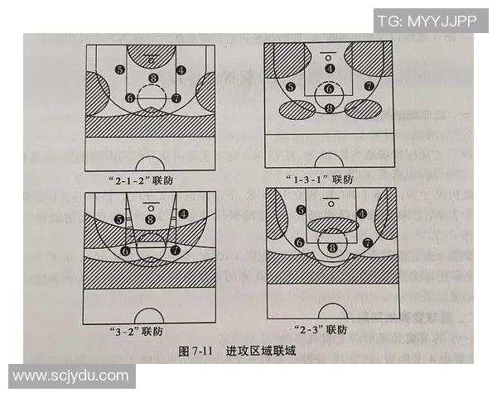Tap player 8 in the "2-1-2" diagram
coord(152,79)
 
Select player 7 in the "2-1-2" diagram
coord(176,98)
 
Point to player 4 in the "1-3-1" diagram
coord(330,69)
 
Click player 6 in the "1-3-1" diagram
coord(329,88)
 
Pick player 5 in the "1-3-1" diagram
coord(290,87)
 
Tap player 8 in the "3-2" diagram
coord(150,219)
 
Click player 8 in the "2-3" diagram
coord(333,246)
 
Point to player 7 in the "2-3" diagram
coord(366,243)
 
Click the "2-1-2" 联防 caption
coord(150,179)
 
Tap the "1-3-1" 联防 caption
coord(329,178)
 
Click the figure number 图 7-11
coord(196,351)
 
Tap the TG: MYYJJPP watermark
coord(427,21)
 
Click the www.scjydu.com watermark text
coord(71,375)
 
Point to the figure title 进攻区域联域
coord(261,351)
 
